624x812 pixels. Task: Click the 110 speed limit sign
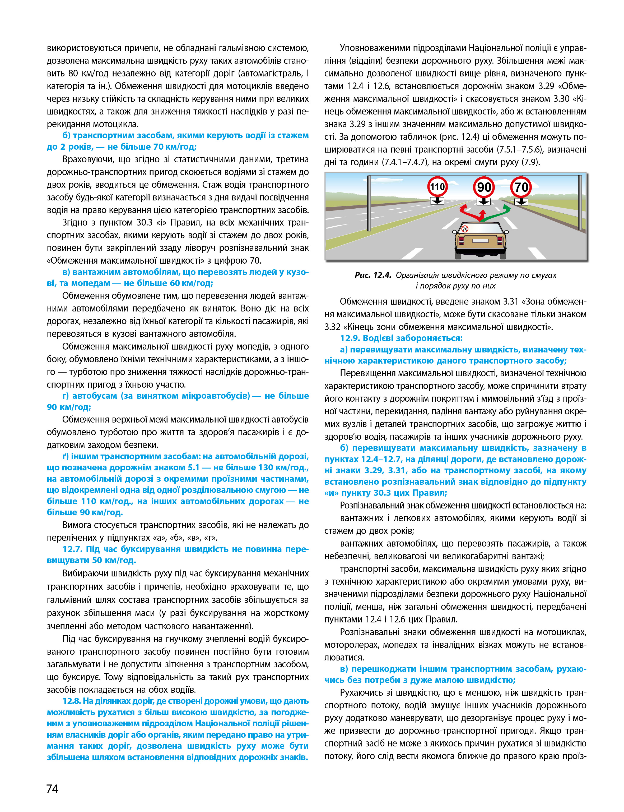(437, 187)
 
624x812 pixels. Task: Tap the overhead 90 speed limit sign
(484, 187)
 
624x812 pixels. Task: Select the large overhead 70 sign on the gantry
(521, 187)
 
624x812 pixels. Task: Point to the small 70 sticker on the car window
(465, 229)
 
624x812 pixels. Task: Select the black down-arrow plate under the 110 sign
(437, 201)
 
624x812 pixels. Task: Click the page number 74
(52, 788)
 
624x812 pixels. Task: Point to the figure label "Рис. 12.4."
(373, 275)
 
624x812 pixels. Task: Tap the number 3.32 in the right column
(332, 327)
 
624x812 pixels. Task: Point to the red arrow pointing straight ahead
(482, 215)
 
